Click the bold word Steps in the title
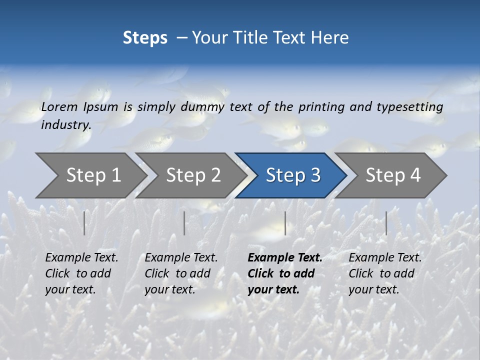coord(145,38)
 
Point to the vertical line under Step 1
coord(84,223)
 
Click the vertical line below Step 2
coord(184,223)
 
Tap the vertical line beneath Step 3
coord(285,223)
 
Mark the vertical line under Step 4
coord(386,223)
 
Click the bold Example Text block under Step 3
coord(284,273)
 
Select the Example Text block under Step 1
coord(81,273)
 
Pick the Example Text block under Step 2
coord(181,273)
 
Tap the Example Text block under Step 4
coord(385,273)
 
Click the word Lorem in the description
coord(59,106)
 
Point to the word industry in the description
coord(66,125)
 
